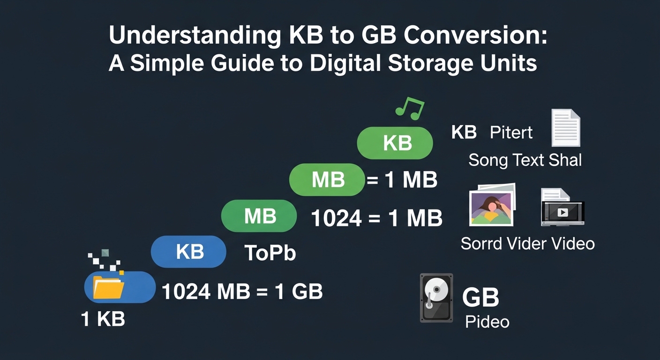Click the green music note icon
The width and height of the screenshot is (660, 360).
coord(409,107)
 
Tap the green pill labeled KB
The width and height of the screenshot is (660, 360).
coord(395,143)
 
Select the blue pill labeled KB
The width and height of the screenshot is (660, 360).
coord(188,252)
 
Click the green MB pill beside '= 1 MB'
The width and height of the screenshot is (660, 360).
coord(327,180)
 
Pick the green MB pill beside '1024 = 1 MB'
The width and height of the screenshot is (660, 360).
coord(259,216)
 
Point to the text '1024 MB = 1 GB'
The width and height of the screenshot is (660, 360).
coord(242,292)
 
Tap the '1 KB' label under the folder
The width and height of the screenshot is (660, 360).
coord(103,319)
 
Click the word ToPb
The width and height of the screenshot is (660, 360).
coord(270,253)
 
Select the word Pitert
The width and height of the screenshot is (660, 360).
coord(511,133)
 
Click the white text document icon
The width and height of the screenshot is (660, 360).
coord(565,127)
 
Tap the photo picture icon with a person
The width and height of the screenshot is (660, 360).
coord(492,205)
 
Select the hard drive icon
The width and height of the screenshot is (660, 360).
coord(436,298)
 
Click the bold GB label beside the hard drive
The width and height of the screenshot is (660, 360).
coord(480,297)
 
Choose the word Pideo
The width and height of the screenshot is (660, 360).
coord(487,322)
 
